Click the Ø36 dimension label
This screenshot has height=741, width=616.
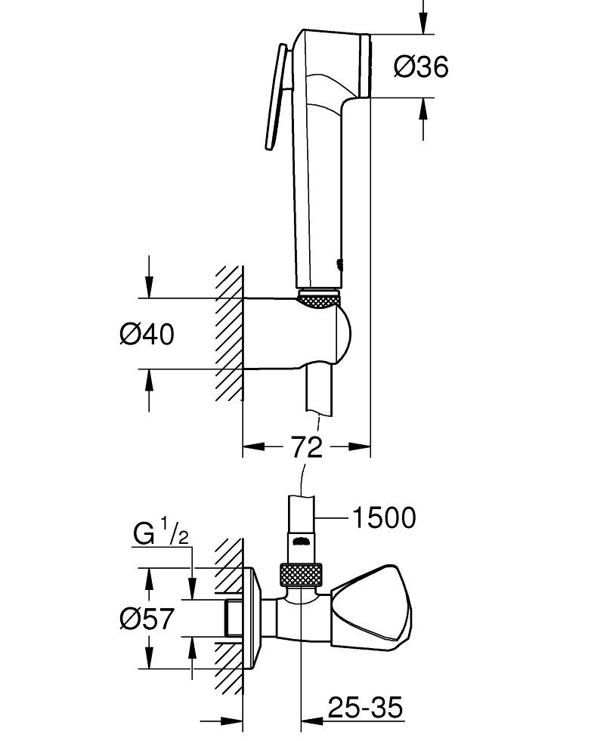point(421,67)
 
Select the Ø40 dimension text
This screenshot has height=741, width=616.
point(147,333)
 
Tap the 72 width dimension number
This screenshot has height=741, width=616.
point(306,446)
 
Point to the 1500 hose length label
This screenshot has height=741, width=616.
point(383,518)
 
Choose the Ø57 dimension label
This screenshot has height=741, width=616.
point(147,619)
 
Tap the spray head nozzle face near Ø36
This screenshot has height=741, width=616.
point(368,66)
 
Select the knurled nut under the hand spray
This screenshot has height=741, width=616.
point(321,298)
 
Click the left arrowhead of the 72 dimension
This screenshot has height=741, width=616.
point(249,447)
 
